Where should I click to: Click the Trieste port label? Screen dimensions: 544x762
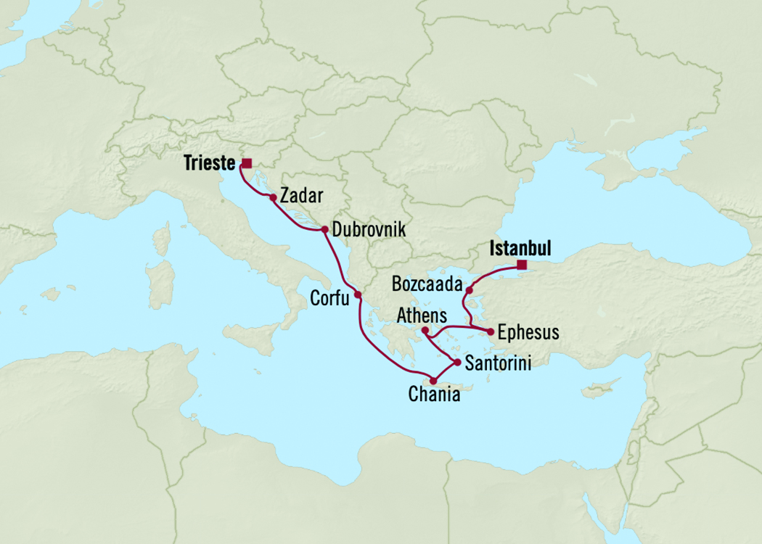[210, 164]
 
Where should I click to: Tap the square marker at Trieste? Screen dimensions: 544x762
[247, 163]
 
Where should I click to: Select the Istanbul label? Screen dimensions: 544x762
[520, 249]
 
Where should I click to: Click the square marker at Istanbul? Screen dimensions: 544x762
[522, 265]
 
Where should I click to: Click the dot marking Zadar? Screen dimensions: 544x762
[272, 197]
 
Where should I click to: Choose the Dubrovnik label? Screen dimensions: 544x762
[368, 230]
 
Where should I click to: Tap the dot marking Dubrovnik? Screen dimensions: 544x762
[324, 230]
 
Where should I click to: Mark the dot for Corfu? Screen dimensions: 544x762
[358, 295]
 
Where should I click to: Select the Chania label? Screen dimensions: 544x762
[434, 395]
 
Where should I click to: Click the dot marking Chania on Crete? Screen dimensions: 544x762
[433, 381]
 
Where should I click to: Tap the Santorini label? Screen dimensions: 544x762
[498, 363]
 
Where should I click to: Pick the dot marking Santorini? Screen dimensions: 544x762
[456, 362]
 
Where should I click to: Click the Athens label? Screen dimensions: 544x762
[421, 316]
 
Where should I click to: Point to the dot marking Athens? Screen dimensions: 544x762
[425, 331]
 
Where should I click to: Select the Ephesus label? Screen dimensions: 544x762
[529, 332]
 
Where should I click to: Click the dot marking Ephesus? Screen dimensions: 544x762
[491, 332]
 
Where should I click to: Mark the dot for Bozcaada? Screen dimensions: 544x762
[470, 291]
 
